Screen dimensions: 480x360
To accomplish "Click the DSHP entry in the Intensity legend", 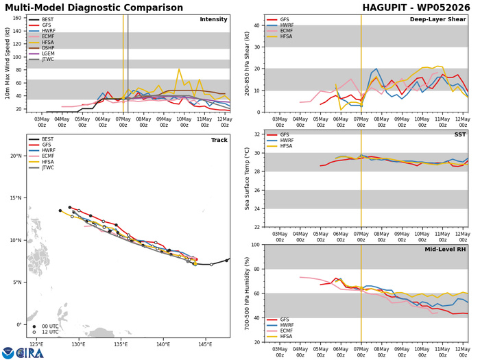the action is tap(48, 48).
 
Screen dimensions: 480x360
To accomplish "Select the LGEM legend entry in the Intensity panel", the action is tap(48, 53).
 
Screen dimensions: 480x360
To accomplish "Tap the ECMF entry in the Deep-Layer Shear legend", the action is tap(286, 31).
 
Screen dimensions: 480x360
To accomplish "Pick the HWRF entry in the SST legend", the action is tap(287, 140).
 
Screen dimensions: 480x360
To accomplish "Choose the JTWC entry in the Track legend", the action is tap(48, 167).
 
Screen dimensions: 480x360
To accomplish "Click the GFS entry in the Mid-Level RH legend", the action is tap(285, 320).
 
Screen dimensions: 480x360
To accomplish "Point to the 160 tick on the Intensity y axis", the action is tap(17, 18).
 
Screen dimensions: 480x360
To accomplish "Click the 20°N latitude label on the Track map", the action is tap(16, 156).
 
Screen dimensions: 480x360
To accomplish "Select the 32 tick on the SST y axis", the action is tap(257, 134).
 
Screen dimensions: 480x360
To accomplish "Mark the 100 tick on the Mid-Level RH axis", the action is tap(256, 245).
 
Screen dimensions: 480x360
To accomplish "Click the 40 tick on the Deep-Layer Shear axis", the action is tap(257, 25).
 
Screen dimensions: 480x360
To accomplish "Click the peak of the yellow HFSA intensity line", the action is tap(179, 69).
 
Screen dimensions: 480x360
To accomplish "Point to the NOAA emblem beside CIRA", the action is tap(8, 353).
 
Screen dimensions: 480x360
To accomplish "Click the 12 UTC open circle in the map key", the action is tap(34, 332).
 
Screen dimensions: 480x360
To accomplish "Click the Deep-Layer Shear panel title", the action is tap(437, 19).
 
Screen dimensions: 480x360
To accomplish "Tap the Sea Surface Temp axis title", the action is tap(247, 179).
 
